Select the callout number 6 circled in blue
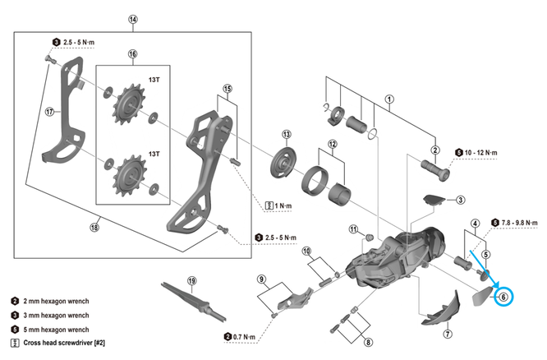click(503, 297)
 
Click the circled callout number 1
click(389, 99)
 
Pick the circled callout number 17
click(48, 112)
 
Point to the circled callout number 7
click(448, 334)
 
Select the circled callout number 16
click(132, 54)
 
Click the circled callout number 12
click(333, 145)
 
